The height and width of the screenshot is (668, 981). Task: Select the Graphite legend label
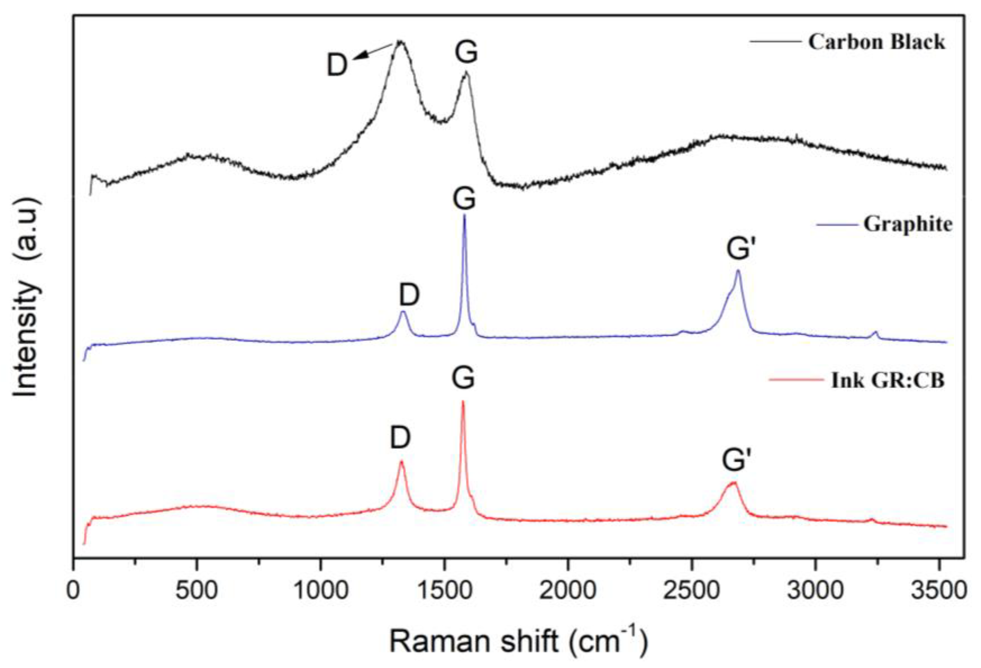tap(908, 224)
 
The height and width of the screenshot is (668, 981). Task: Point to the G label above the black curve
tap(466, 53)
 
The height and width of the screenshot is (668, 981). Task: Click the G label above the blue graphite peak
tap(464, 199)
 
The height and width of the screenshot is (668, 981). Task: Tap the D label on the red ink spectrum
tap(400, 438)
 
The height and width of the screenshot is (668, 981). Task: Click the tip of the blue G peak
tap(465, 215)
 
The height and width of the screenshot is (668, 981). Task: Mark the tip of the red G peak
tap(463, 402)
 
